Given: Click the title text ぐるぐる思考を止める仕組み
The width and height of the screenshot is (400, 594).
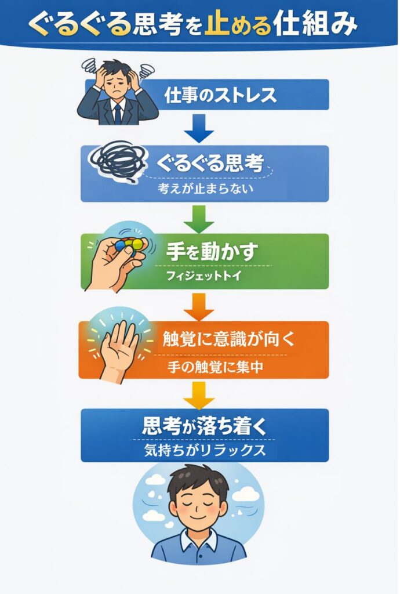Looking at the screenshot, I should pyautogui.click(x=200, y=24).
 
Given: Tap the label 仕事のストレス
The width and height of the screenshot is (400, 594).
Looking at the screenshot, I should pyautogui.click(x=220, y=95).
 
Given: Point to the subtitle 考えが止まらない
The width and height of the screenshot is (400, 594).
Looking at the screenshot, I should pyautogui.click(x=206, y=189).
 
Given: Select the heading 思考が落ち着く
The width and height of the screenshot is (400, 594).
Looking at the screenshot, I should pyautogui.click(x=204, y=428).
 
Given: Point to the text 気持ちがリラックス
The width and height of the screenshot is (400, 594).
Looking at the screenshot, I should pyautogui.click(x=205, y=451).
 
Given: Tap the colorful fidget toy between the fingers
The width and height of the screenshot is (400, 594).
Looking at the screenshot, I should pyautogui.click(x=131, y=245).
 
